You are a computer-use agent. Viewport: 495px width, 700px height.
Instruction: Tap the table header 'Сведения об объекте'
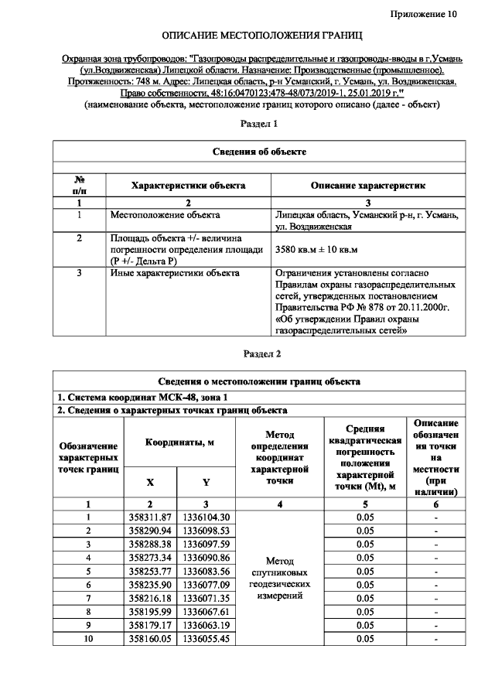click(260, 152)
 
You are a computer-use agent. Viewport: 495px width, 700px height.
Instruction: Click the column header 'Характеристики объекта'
click(189, 186)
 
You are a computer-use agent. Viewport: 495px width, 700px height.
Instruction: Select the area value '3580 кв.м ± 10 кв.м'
click(321, 250)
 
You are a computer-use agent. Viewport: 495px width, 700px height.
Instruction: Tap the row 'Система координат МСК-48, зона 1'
click(132, 397)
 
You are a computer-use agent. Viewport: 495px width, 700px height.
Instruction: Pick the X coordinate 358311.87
click(150, 517)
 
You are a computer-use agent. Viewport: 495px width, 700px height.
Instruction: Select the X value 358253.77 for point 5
click(150, 571)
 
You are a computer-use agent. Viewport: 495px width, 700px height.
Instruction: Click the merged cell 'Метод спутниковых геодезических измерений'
click(280, 578)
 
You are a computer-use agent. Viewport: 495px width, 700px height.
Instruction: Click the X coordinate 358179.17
click(150, 626)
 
